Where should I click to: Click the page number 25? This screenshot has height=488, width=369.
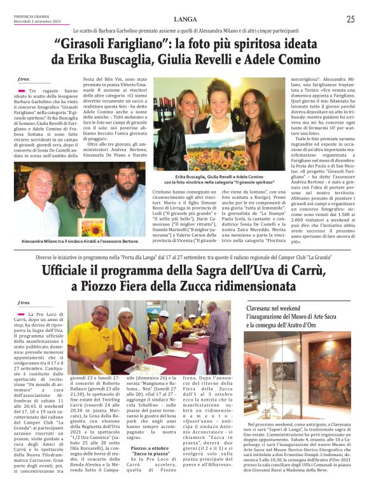[350, 19]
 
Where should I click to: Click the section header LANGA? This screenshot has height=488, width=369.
[184, 19]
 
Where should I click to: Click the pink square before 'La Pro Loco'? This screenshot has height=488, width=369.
[23, 315]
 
